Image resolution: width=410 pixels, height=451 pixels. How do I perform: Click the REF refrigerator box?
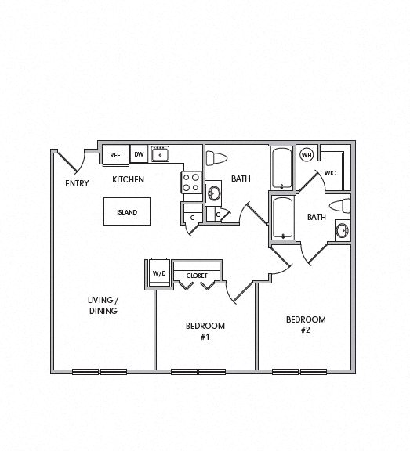point(114,155)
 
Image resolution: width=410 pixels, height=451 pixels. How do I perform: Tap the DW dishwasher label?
point(139,155)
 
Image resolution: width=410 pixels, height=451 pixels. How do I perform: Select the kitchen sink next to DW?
point(160,154)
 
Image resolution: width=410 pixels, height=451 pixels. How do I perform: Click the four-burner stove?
point(191,182)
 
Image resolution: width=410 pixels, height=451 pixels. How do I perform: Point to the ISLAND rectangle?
point(126,212)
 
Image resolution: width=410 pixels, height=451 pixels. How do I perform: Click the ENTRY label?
point(77,184)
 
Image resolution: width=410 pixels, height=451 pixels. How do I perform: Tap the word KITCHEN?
point(129,179)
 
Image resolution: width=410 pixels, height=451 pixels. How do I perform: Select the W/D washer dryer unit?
point(159,273)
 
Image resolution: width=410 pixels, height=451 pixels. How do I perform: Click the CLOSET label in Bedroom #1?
point(196,276)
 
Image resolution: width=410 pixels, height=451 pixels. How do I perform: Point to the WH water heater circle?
point(306,154)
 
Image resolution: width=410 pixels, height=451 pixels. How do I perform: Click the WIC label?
point(330,174)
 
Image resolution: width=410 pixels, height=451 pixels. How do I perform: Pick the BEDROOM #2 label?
point(305,325)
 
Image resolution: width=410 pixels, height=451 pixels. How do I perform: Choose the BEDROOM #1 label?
point(205,331)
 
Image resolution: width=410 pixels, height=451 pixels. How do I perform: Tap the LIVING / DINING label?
point(103,305)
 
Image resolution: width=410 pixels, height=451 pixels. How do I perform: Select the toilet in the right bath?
point(340,207)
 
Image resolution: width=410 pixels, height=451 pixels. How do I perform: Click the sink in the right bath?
point(342,230)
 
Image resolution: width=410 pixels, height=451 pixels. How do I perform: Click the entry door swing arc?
point(71,163)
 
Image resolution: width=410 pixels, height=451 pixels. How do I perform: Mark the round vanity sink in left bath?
point(213,193)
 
